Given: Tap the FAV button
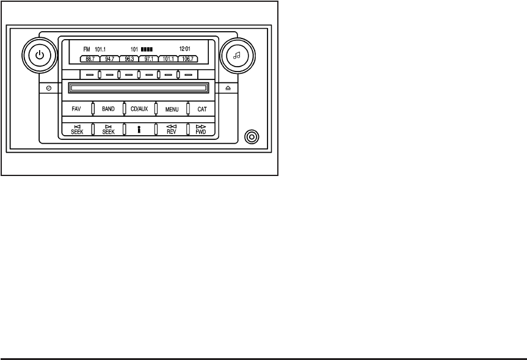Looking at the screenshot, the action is pyautogui.click(x=76, y=109).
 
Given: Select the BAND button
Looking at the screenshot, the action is pyautogui.click(x=108, y=109).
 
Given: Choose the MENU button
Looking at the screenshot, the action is pyautogui.click(x=172, y=109).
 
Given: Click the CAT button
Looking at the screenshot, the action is pyautogui.click(x=202, y=109).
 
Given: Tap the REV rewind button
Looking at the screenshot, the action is pyautogui.click(x=172, y=129).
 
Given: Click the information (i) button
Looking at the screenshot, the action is pyautogui.click(x=139, y=130).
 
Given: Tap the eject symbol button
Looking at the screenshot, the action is pyautogui.click(x=228, y=88).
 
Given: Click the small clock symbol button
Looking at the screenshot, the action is pyautogui.click(x=49, y=88).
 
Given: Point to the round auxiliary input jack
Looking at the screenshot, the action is pyautogui.click(x=250, y=136).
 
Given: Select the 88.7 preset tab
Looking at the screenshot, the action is pyautogui.click(x=90, y=59).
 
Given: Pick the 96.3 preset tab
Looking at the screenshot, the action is pyautogui.click(x=129, y=59).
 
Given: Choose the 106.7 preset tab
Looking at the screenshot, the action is pyautogui.click(x=187, y=59).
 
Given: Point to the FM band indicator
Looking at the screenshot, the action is pyautogui.click(x=86, y=48).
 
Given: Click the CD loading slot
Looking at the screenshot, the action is pyautogui.click(x=138, y=89).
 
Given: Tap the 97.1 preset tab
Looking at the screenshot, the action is pyautogui.click(x=148, y=59).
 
